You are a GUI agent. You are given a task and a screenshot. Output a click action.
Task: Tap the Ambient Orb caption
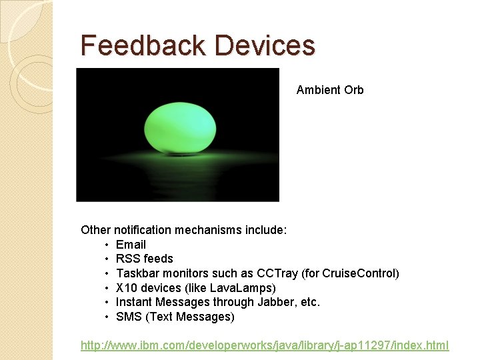point(330,90)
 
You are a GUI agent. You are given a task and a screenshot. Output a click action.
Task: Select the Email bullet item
point(131,245)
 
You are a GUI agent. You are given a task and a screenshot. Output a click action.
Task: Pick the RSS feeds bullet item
point(144,259)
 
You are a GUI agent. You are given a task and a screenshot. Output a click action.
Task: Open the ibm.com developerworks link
point(265,345)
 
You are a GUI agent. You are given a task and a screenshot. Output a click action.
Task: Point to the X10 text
point(125,288)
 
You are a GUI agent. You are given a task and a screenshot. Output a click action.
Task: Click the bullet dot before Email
point(107,245)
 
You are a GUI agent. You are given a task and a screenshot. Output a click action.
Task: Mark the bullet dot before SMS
point(107,317)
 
